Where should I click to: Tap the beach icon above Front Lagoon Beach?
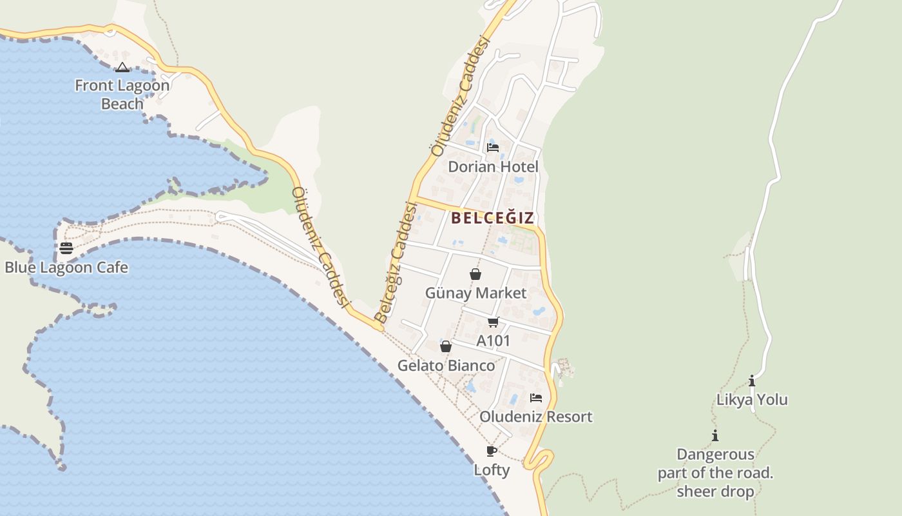[122, 68]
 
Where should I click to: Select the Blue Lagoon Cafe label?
[66, 268]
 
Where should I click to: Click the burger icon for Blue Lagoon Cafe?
[66, 248]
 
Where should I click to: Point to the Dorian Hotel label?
[494, 166]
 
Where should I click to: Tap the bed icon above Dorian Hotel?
[493, 148]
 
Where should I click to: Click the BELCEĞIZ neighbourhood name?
[493, 218]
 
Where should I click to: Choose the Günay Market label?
[475, 293]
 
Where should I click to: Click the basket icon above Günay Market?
[475, 274]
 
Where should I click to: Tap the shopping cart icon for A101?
[494, 322]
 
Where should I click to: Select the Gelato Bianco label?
[446, 366]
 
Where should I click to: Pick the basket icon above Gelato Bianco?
[445, 347]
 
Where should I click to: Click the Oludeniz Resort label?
[535, 417]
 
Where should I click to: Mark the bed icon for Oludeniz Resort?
[535, 398]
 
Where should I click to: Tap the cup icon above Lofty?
[492, 451]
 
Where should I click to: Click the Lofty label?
[492, 470]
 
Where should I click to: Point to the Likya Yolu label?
[752, 400]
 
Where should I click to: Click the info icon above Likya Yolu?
[752, 381]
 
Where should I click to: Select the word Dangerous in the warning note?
[715, 455]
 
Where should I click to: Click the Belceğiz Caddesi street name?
[396, 263]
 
